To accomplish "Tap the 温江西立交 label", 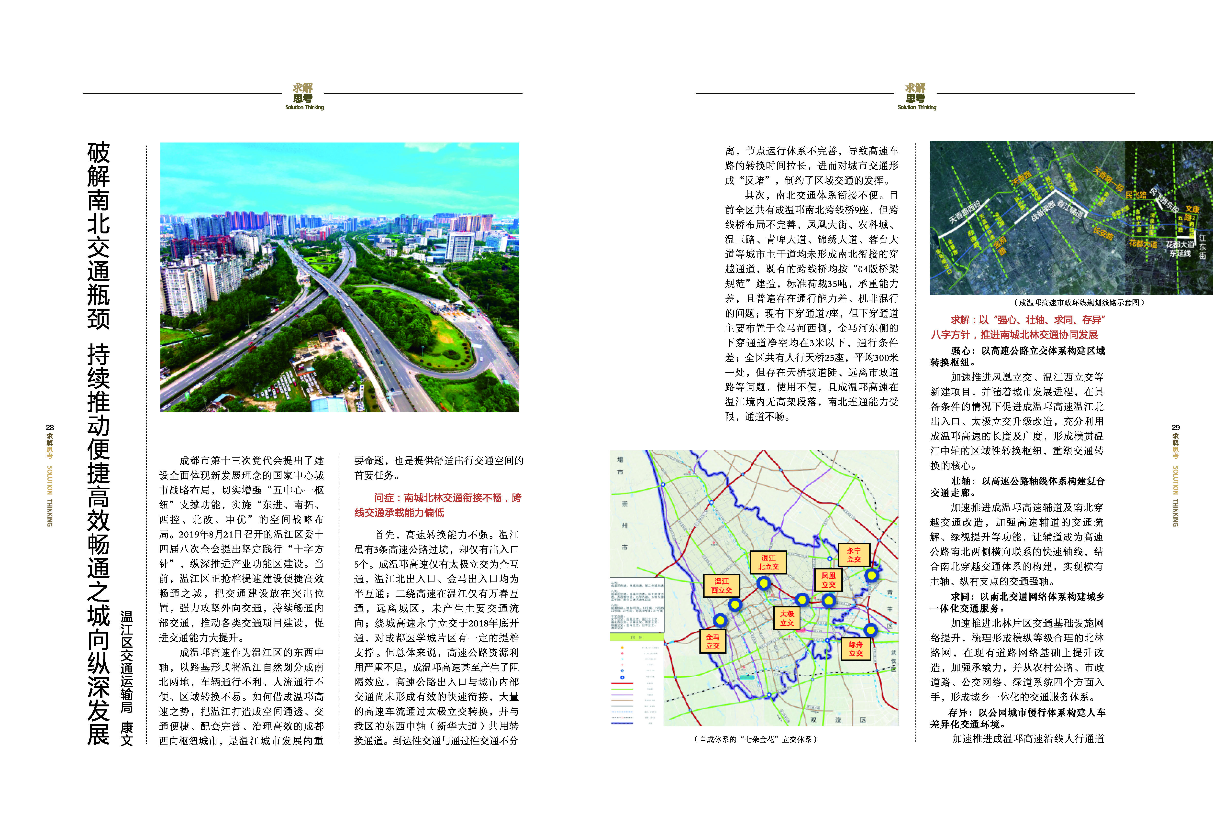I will pyautogui.click(x=721, y=585).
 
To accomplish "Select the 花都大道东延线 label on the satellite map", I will pyautogui.click(x=1181, y=249).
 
